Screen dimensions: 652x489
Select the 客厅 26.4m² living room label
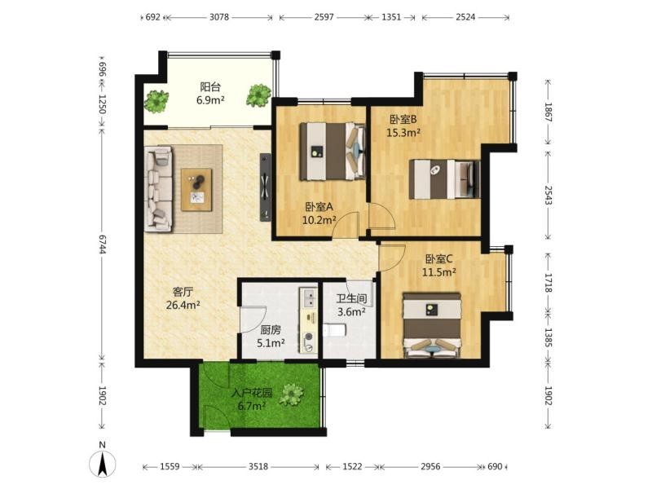[x=183, y=298]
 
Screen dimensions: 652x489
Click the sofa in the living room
[x=158, y=188]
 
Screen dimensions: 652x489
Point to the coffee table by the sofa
[x=196, y=190]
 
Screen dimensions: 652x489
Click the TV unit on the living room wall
[x=266, y=187]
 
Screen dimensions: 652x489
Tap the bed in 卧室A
[x=333, y=152]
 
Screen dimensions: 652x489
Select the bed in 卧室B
[x=444, y=179]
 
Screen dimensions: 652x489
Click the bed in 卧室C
[x=432, y=325]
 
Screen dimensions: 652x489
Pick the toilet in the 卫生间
[x=335, y=330]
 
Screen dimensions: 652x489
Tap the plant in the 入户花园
[x=292, y=394]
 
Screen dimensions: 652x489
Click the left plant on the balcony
[x=156, y=101]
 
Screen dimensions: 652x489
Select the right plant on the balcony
[x=258, y=95]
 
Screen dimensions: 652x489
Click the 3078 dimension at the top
[x=218, y=17]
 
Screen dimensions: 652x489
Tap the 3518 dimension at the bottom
[x=258, y=466]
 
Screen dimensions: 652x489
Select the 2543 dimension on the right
[x=548, y=195]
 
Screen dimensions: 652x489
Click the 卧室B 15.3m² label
[x=403, y=126]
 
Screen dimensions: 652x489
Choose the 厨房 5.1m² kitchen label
[x=271, y=337]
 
